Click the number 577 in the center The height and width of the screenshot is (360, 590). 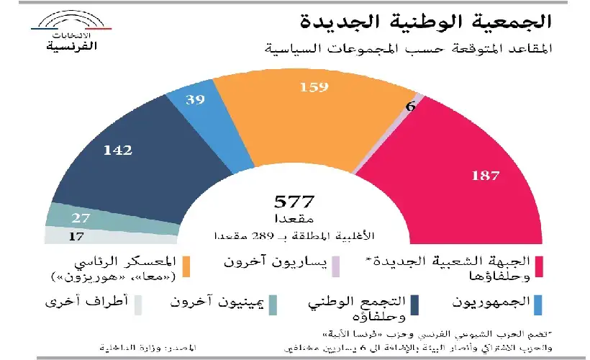click(x=294, y=202)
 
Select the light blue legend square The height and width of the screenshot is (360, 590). click(x=537, y=305)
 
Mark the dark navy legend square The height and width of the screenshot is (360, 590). click(x=415, y=305)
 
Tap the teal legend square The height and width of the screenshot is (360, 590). click(x=273, y=305)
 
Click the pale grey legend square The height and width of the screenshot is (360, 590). click(x=140, y=305)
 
